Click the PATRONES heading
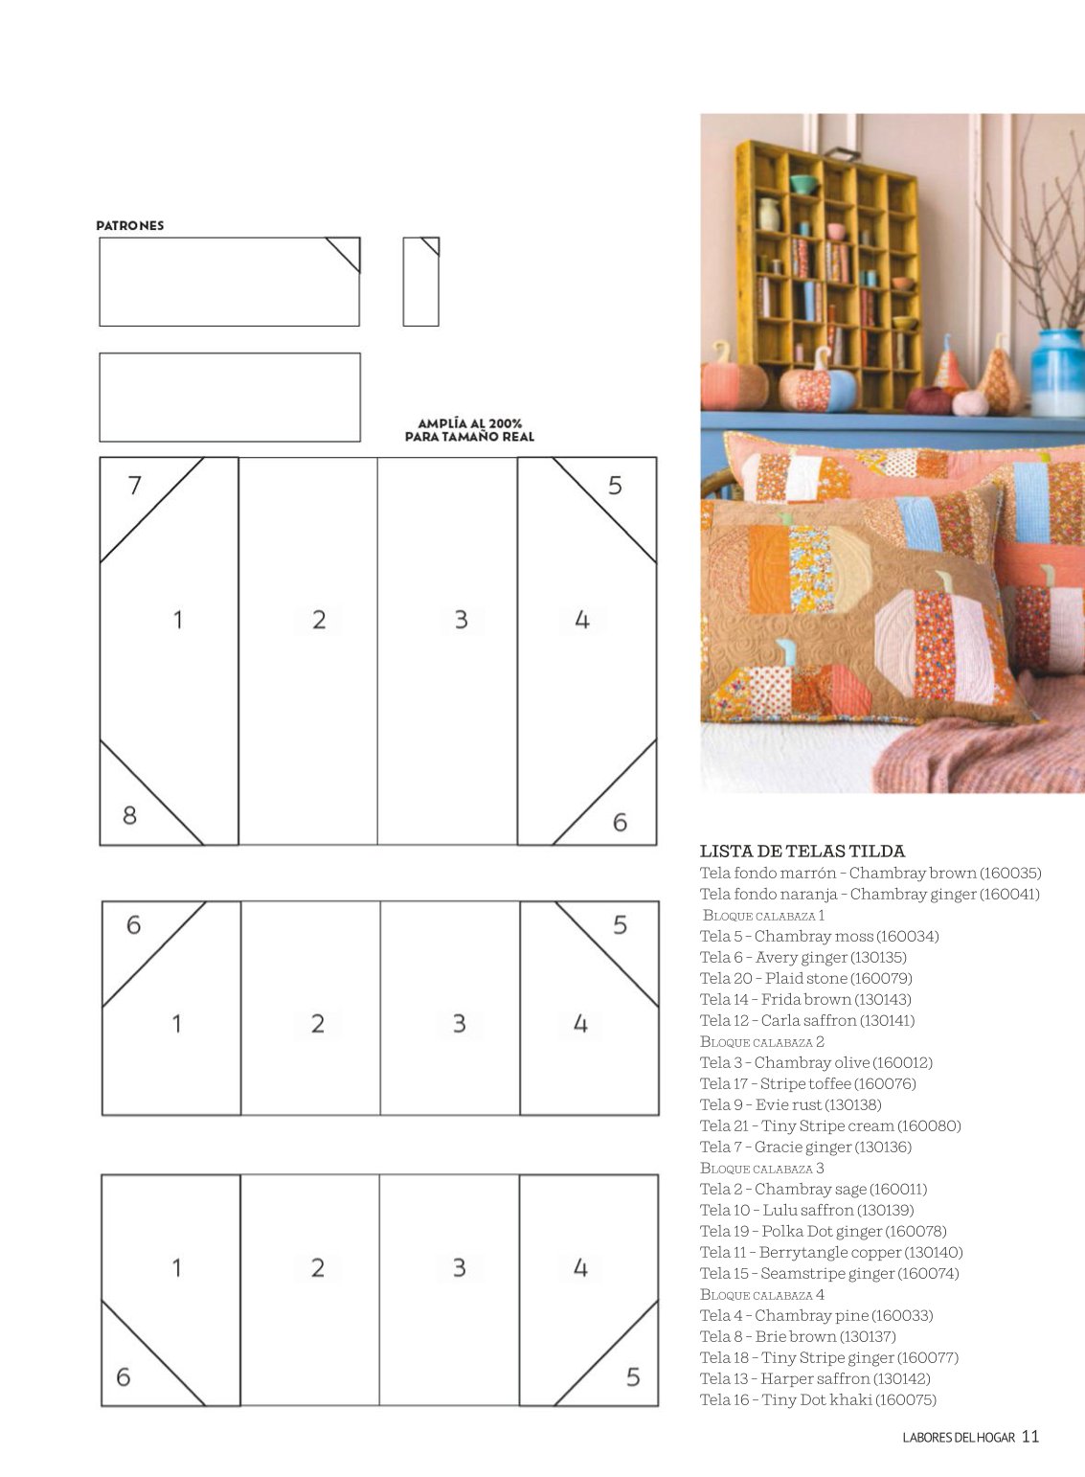[x=130, y=225]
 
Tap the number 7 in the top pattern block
[x=134, y=486]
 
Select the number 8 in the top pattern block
[x=130, y=816]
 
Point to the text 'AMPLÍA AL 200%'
[x=470, y=423]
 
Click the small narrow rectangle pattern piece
[x=421, y=282]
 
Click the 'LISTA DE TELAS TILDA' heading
[x=802, y=851]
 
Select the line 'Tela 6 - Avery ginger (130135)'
[x=803, y=957]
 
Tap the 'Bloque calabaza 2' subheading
[x=762, y=1041]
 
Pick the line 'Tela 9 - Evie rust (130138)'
[x=791, y=1104]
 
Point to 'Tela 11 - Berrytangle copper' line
[x=831, y=1252]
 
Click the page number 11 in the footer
[x=1030, y=1437]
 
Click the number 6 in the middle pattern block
[x=134, y=925]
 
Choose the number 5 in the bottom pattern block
[x=633, y=1377]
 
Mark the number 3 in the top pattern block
[x=462, y=620]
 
